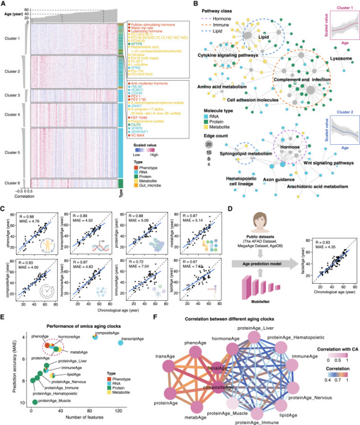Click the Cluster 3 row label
13,94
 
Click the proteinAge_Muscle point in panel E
34,402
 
